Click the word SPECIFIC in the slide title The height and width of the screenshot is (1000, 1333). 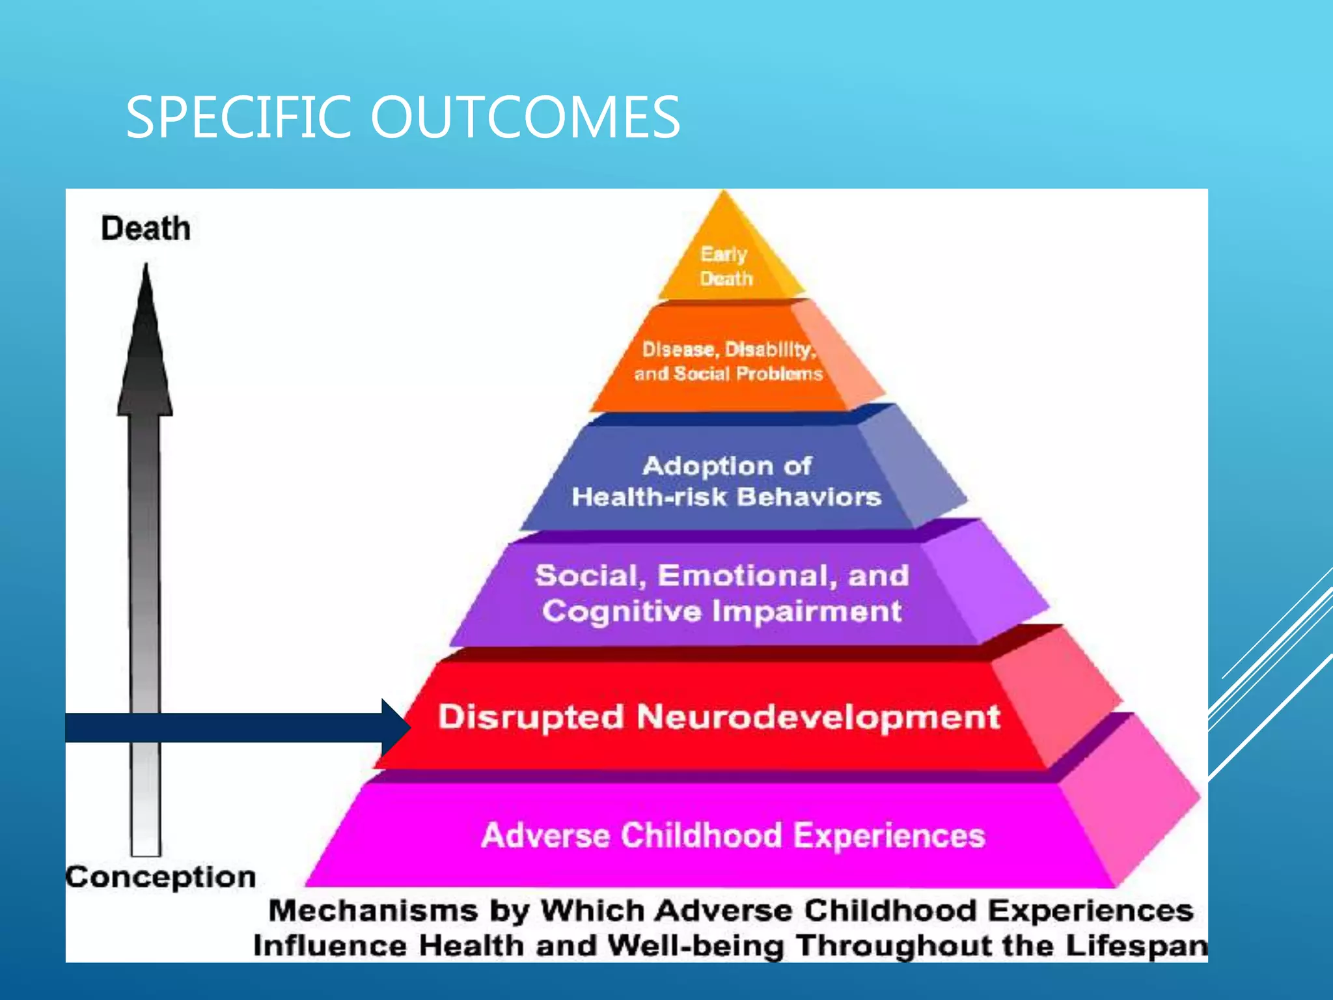[238, 117]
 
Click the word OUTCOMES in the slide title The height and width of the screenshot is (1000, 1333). [525, 117]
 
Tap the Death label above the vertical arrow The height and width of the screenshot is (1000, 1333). [146, 229]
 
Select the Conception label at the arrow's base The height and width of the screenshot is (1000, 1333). [161, 877]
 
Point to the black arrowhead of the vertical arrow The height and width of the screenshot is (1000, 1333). [145, 345]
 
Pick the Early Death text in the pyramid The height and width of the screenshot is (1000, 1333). [726, 266]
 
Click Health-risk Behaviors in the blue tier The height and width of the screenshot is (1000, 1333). [726, 497]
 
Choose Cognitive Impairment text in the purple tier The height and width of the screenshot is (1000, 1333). [722, 611]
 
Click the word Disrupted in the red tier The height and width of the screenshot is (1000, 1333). [530, 717]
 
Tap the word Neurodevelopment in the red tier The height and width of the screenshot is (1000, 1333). [818, 717]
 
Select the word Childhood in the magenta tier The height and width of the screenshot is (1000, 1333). [700, 835]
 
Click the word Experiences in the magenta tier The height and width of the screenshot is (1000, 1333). [889, 835]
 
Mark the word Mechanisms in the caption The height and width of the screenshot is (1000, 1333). [373, 911]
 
